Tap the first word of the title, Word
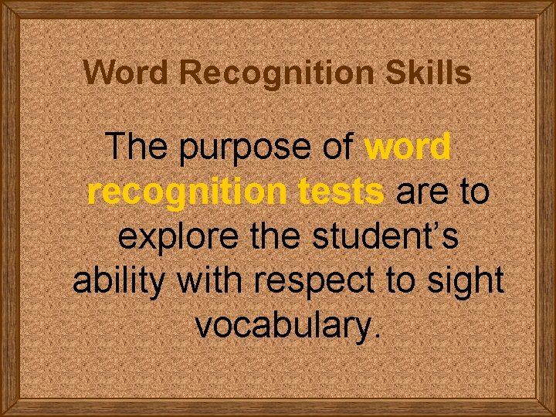point(127,73)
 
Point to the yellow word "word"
point(407,147)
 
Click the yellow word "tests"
point(341,192)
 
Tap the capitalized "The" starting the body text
point(137,147)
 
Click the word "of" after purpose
point(337,147)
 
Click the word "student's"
point(386,236)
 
